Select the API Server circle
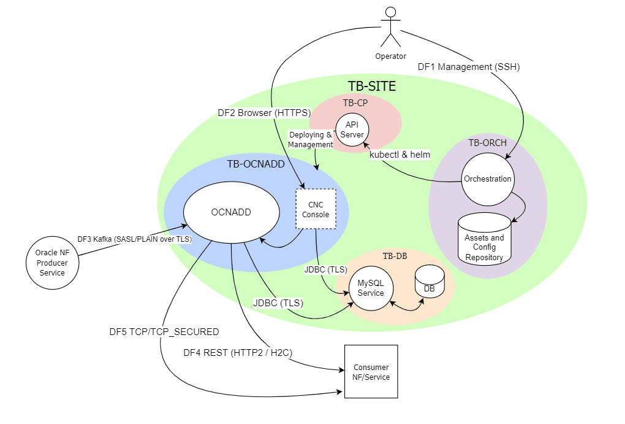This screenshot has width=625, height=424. coord(352,129)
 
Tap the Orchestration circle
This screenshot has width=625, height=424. coord(488,179)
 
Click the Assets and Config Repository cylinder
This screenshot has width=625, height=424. coord(484,241)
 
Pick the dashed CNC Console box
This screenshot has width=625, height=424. coord(316,209)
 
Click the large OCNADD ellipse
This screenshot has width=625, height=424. coord(231,213)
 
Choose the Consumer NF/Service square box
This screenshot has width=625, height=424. coord(371,372)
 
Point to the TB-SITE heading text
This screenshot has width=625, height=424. coord(371,87)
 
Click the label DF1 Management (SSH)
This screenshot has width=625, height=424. coord(468,67)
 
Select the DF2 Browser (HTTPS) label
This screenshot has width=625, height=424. coord(264,113)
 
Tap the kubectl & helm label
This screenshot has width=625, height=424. coord(400,155)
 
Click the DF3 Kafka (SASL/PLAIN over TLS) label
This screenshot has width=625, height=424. coord(134,239)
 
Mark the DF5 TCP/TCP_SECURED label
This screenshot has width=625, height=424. coord(164,332)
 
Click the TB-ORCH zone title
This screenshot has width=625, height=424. coord(487,143)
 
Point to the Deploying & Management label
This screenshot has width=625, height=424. coord(311,139)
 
